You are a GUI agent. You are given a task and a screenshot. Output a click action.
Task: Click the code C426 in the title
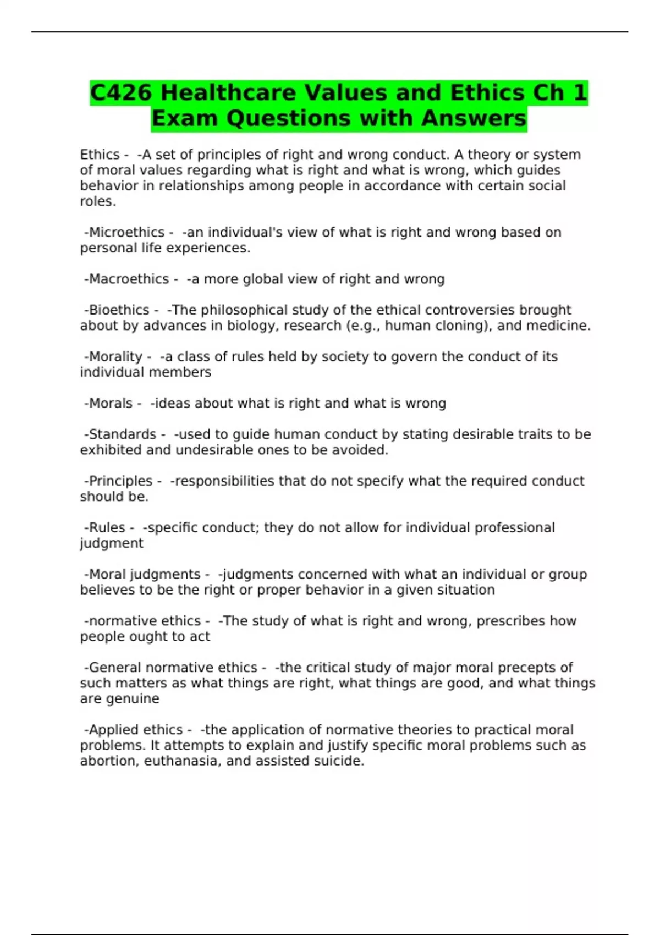pos(121,92)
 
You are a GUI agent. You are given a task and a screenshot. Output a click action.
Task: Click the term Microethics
pos(127,233)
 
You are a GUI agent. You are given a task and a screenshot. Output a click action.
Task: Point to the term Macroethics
pos(129,279)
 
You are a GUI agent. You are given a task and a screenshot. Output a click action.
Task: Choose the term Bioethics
pos(119,310)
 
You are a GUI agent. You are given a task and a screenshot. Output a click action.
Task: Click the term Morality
pos(116,357)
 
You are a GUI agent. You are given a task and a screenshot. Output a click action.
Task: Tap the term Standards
pos(122,435)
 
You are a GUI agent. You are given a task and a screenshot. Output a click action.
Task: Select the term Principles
pos(120,481)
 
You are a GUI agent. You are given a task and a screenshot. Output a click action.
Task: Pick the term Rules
pos(107,528)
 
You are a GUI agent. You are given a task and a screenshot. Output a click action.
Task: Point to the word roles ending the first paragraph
pos(97,201)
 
